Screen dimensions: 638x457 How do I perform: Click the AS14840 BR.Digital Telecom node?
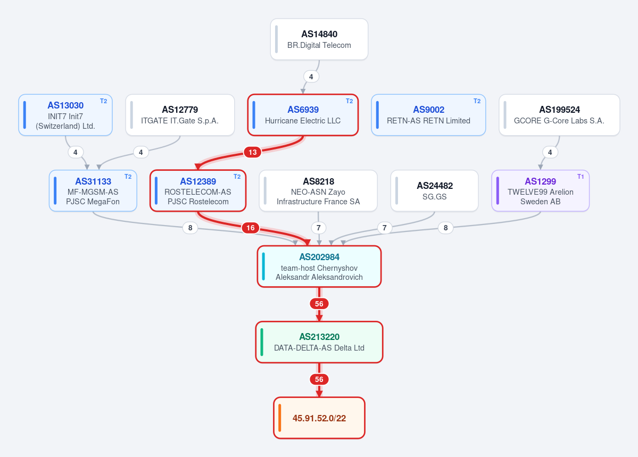(x=319, y=39)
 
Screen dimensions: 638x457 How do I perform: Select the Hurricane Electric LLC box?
(x=303, y=115)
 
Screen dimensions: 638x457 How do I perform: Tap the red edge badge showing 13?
(x=253, y=152)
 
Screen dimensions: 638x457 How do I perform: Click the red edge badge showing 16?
(x=251, y=228)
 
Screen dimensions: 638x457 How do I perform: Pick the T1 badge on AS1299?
(x=581, y=177)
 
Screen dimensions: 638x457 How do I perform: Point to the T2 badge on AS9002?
(x=477, y=101)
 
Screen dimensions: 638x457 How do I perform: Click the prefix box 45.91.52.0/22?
(x=319, y=418)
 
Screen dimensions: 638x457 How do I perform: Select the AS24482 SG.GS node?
(x=435, y=191)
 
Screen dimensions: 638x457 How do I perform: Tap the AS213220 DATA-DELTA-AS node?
(x=319, y=342)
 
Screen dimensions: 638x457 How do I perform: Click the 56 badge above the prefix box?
(x=319, y=379)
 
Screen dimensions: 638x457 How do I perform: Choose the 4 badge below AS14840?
(x=311, y=77)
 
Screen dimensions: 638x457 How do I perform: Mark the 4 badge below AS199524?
(x=550, y=152)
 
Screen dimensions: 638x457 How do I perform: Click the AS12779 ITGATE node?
(x=180, y=115)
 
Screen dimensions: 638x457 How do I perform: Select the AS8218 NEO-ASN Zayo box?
(x=318, y=191)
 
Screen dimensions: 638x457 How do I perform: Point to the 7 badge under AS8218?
(x=319, y=228)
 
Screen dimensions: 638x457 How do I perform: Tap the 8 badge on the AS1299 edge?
(x=445, y=228)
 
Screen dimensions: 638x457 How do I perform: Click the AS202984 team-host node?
(x=319, y=267)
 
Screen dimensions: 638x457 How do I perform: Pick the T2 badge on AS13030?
(x=103, y=101)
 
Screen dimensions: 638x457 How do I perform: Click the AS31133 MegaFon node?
(x=93, y=191)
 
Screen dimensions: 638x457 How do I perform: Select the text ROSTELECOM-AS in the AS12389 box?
(x=198, y=192)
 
